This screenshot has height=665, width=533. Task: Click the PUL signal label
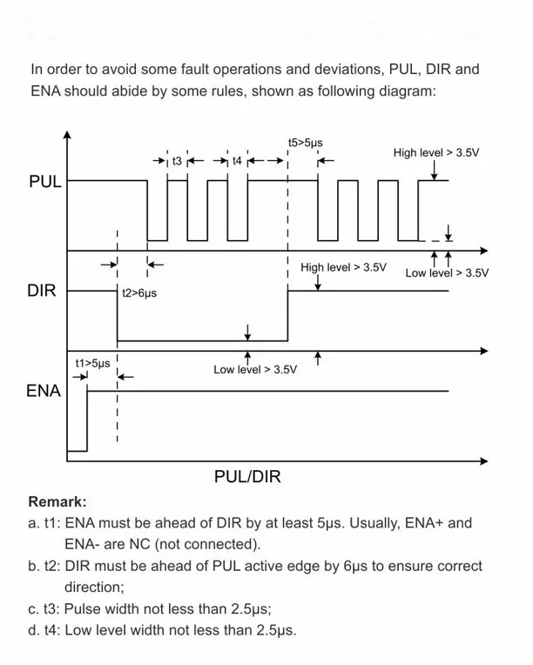[44, 182]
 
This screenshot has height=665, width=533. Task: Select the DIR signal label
[42, 291]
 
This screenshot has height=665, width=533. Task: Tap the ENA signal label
[44, 391]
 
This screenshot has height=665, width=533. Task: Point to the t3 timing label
[177, 161]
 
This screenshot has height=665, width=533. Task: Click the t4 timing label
[237, 161]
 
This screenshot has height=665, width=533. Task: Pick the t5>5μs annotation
[306, 142]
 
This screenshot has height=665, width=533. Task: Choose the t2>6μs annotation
[139, 294]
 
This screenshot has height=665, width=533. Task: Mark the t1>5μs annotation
[92, 363]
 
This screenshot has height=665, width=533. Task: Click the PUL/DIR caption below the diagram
[247, 477]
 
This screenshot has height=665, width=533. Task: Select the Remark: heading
[57, 502]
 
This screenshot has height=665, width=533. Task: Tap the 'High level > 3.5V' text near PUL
[436, 153]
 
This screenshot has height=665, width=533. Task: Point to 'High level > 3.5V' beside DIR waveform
[343, 267]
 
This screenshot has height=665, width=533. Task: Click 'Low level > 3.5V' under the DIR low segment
[255, 369]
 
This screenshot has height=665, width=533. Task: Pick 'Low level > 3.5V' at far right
[447, 272]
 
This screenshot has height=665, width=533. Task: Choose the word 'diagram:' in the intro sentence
[407, 91]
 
